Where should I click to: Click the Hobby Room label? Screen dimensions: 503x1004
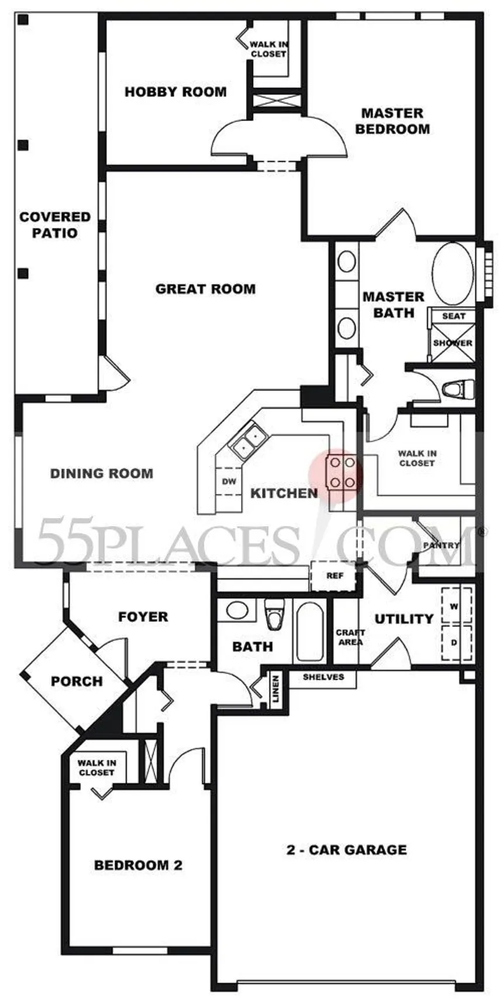click(175, 92)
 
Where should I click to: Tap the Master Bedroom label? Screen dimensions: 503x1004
click(392, 121)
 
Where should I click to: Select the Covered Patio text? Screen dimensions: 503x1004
click(55, 225)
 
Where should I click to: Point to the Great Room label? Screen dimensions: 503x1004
click(205, 289)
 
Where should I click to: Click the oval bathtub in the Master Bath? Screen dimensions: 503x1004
click(452, 274)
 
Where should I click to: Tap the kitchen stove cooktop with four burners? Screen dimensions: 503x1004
click(342, 472)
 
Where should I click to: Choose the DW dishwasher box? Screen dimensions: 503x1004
click(229, 482)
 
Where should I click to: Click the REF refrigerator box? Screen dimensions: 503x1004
click(334, 576)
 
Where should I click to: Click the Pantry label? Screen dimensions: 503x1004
click(442, 545)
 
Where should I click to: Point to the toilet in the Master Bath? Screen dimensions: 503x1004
click(458, 389)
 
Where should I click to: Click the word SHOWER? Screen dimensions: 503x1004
click(453, 343)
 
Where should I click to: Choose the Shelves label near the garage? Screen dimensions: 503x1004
click(323, 677)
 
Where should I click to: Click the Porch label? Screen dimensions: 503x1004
click(77, 681)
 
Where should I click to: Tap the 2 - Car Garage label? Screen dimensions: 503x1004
click(346, 850)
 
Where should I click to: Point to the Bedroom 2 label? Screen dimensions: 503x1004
click(138, 865)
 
